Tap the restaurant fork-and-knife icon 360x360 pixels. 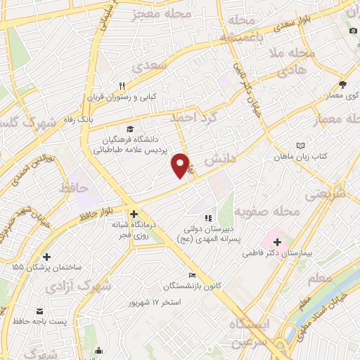(x=122, y=88)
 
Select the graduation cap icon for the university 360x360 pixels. (x=129, y=129)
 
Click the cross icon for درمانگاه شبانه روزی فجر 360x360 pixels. (x=134, y=214)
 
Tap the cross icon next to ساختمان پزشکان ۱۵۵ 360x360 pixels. (x=46, y=257)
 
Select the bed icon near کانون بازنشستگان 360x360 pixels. (x=192, y=275)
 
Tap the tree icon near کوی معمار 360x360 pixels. (x=342, y=82)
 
